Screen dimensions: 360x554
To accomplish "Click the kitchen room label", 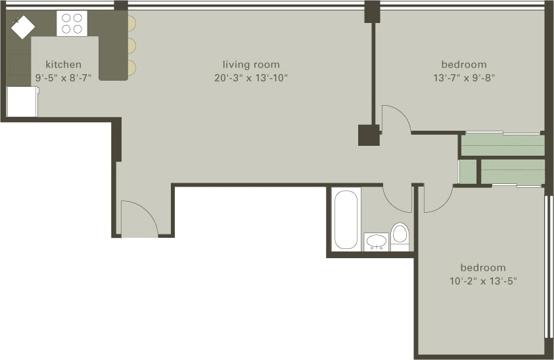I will [64, 64].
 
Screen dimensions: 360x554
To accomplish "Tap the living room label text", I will [251, 64].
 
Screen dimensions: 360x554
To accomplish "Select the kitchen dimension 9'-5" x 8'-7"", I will [64, 78].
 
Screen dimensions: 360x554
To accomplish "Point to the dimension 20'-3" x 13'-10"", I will [251, 78].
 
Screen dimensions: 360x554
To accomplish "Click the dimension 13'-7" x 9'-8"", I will [464, 78].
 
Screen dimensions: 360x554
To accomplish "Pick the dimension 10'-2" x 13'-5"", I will [483, 281].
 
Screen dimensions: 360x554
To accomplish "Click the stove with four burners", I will [72, 24].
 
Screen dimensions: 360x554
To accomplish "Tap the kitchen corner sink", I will [22, 27].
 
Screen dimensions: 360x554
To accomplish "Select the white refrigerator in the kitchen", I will [22, 102].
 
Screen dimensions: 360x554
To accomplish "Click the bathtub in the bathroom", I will [346, 219].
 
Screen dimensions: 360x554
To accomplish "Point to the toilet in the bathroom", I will [400, 235].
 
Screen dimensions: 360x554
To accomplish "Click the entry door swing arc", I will [139, 217].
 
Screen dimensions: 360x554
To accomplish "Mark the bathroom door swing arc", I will [397, 199].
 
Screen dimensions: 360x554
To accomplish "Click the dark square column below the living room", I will [369, 135].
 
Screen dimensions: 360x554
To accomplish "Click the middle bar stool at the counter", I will [131, 45].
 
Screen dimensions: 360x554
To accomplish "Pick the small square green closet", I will [467, 171].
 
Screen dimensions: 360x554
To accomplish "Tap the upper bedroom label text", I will [464, 64].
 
